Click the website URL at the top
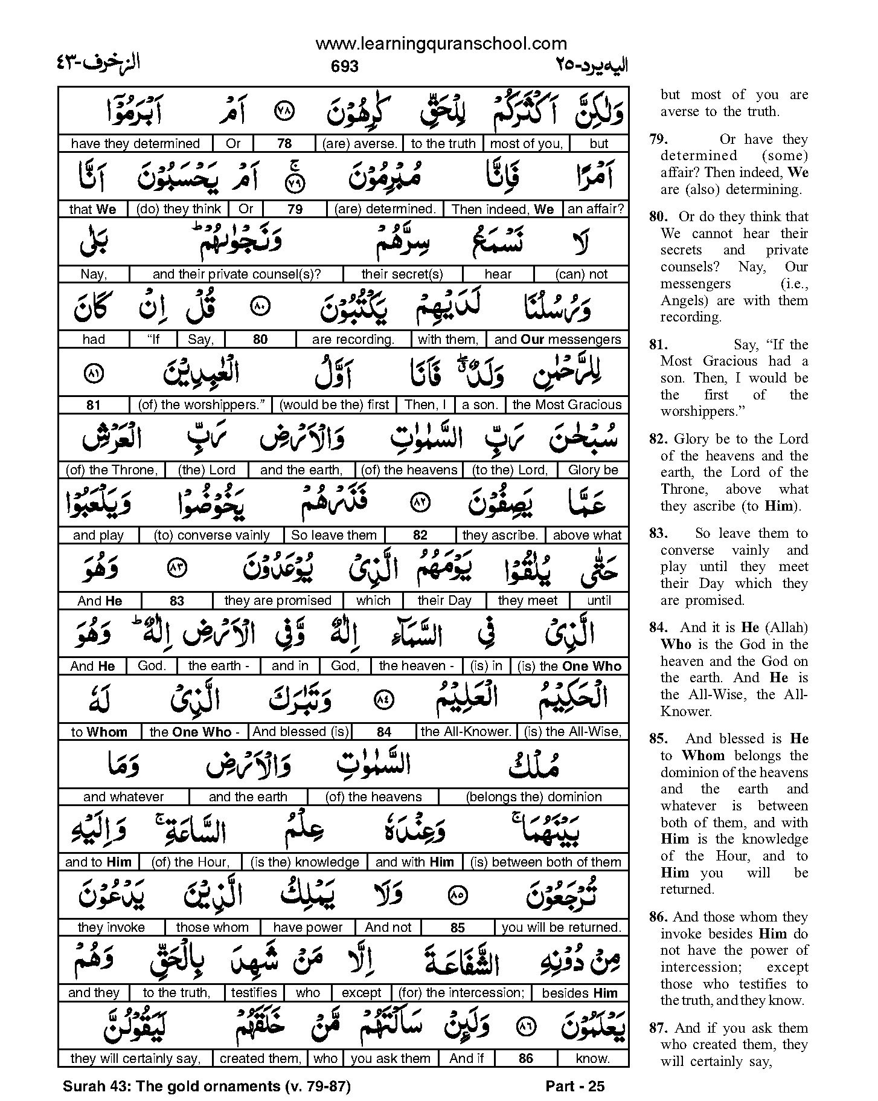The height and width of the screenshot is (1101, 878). (441, 44)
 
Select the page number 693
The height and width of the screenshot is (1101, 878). (345, 66)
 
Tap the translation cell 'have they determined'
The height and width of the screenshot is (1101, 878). (135, 144)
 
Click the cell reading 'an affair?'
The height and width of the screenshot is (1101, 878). (595, 209)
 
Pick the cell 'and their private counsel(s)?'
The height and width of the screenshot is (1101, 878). (237, 274)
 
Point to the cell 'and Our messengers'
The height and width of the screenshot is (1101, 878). (557, 340)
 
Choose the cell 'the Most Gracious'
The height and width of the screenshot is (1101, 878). (566, 405)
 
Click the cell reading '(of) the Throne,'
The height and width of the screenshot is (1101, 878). (112, 470)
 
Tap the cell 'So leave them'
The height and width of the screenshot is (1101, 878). (334, 535)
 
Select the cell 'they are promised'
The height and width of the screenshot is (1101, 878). (278, 601)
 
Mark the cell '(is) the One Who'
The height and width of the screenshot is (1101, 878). (569, 666)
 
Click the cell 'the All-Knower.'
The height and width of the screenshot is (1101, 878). (466, 732)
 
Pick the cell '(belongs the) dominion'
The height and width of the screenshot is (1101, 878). (534, 797)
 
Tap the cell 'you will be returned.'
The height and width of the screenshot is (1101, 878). (561, 928)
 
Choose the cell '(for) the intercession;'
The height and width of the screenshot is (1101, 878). (461, 993)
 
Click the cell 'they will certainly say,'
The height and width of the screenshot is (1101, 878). (135, 1058)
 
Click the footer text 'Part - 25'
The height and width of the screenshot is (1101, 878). (574, 1086)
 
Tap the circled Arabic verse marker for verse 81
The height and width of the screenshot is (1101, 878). (92, 374)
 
